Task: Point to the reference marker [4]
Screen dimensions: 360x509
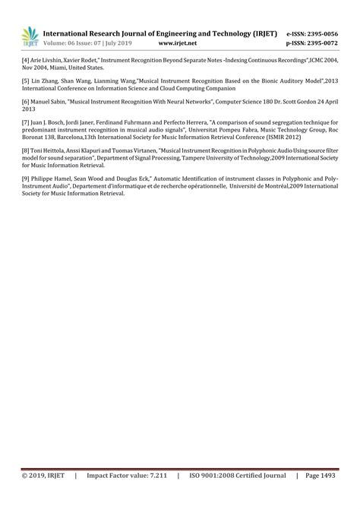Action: pos(25,58)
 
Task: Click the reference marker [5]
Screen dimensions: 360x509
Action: pos(25,79)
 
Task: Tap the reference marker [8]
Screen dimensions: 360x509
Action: pos(25,151)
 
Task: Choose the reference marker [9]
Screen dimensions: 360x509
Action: pos(25,179)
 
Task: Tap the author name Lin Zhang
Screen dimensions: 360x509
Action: pos(45,79)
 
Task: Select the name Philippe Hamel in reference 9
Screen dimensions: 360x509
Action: pos(54,179)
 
